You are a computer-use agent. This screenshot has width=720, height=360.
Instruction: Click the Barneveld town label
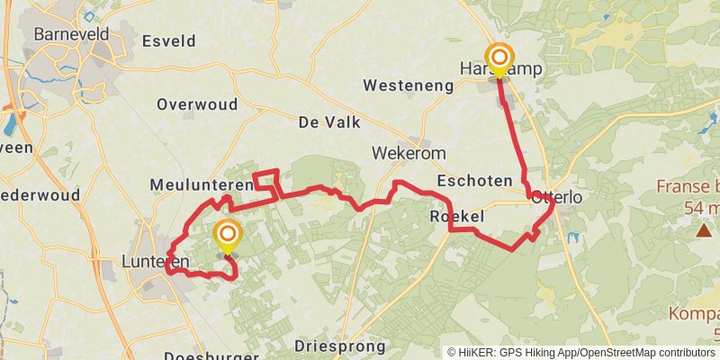tap(71, 35)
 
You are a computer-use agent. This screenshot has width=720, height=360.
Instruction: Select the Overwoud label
tap(197, 104)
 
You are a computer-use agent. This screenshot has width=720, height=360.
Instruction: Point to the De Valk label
tap(328, 121)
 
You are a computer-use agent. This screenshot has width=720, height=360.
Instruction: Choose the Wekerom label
tap(409, 154)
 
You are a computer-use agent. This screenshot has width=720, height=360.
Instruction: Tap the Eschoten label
tap(474, 182)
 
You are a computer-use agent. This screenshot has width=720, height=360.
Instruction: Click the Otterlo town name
tap(558, 197)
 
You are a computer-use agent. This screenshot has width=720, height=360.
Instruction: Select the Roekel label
tap(456, 217)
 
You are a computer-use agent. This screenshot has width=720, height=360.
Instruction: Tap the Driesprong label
tap(340, 346)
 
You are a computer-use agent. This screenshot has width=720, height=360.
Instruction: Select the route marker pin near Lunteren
tap(227, 238)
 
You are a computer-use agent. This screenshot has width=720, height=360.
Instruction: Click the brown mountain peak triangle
tap(703, 230)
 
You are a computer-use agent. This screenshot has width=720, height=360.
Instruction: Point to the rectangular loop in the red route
tap(265, 180)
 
